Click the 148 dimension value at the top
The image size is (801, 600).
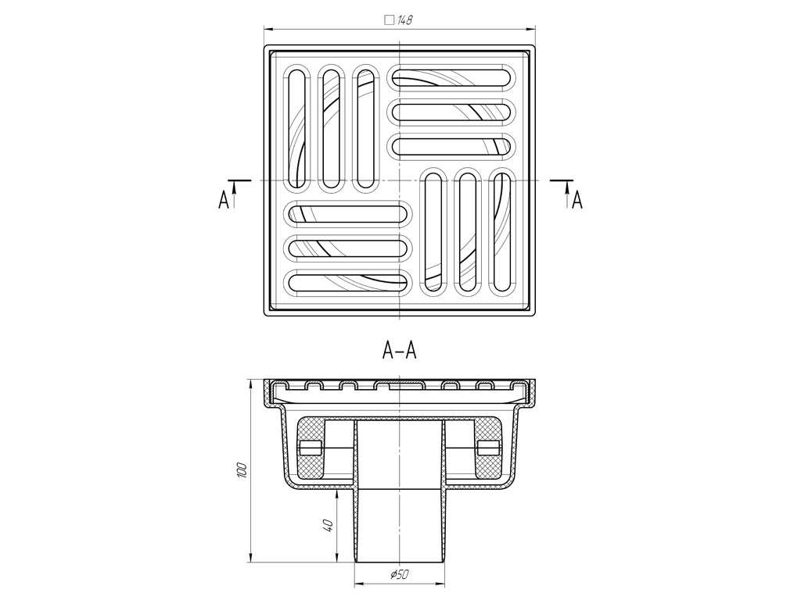click(x=404, y=20)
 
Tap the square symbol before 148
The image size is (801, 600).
click(x=390, y=20)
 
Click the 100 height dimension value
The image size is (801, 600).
click(x=242, y=470)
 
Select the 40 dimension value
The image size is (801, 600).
click(x=329, y=525)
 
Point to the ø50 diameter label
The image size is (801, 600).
click(x=400, y=574)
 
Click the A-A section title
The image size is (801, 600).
click(x=400, y=351)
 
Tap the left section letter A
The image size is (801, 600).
click(x=223, y=201)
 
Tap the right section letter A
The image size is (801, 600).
click(x=577, y=201)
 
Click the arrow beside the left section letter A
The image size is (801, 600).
click(x=235, y=196)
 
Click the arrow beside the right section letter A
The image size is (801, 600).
click(x=567, y=196)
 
